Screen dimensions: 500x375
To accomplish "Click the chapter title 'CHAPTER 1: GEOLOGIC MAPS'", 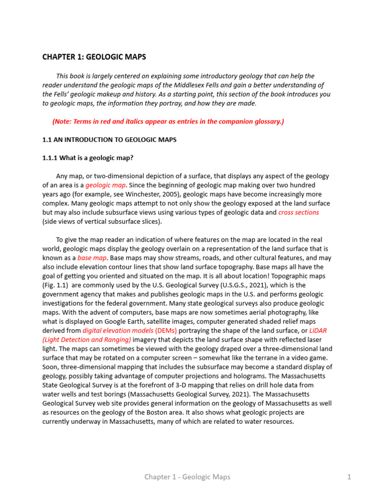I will [94, 57].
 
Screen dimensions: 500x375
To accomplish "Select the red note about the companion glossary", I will [168, 122].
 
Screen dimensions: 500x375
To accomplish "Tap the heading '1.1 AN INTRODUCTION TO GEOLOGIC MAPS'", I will [110, 140].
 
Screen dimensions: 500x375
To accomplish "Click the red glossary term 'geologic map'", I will [105, 186].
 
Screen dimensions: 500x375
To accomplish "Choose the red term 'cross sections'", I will [298, 212].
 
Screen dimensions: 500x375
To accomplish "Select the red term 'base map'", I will [92, 258].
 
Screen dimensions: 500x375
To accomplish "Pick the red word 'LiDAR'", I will [318, 331].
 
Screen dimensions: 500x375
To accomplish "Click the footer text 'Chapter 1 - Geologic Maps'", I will [187, 477].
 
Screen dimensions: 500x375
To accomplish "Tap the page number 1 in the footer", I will [349, 477].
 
